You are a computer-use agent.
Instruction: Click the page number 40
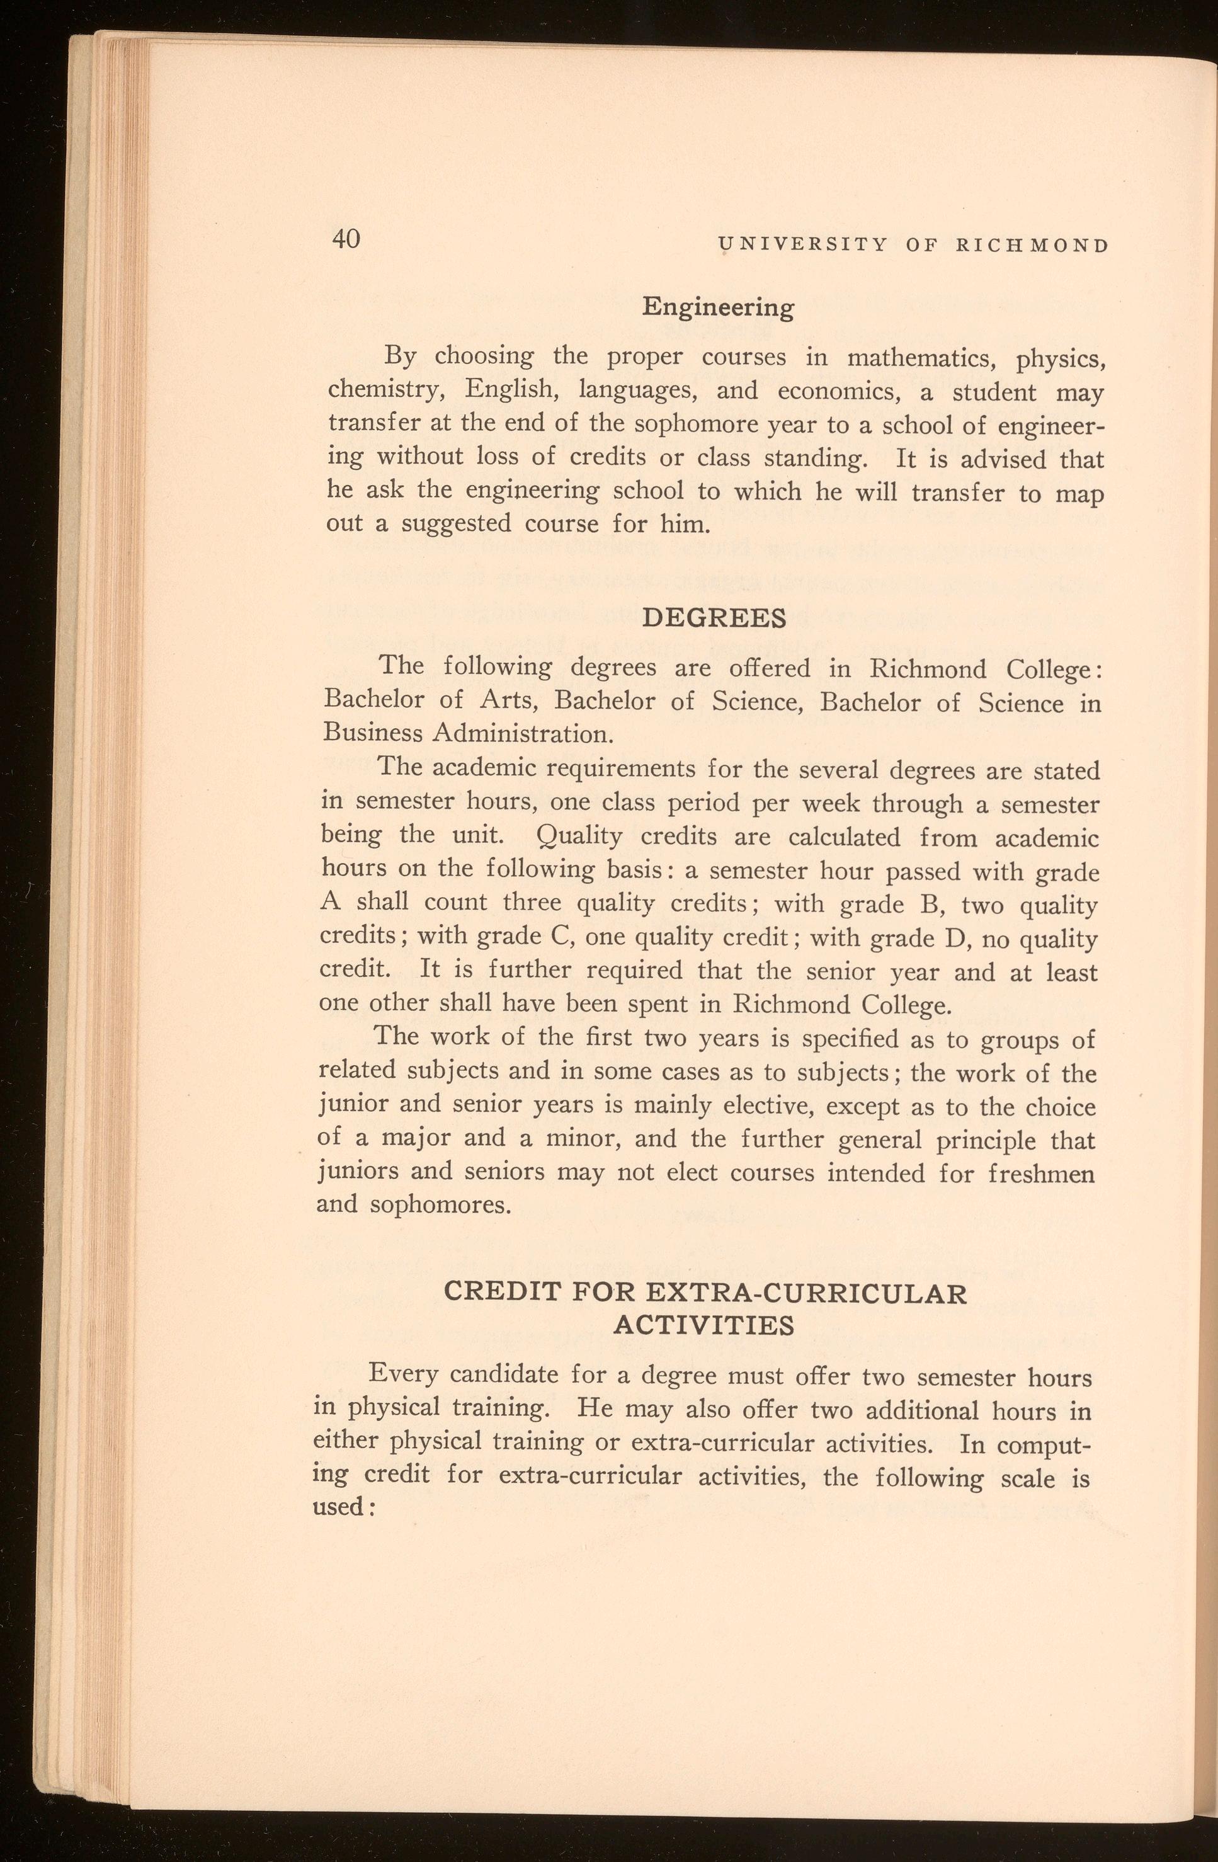point(345,239)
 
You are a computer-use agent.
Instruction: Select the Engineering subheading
point(717,307)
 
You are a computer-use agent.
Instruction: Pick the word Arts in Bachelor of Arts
point(505,700)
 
